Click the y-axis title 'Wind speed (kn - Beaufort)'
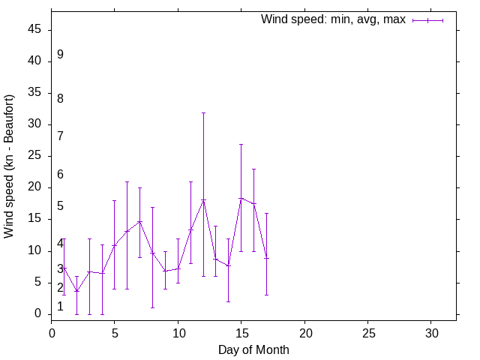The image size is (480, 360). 9,166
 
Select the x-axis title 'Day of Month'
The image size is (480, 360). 253,349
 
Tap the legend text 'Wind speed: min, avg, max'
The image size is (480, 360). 333,19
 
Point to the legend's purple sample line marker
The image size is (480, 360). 427,20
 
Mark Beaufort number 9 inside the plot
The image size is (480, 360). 60,55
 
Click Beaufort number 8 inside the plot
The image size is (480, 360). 60,98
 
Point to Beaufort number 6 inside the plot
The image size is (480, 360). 60,175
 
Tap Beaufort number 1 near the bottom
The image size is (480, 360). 60,307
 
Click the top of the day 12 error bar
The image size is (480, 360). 203,112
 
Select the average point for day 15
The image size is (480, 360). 241,198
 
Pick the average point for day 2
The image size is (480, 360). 76,291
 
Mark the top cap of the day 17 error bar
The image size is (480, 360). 266,213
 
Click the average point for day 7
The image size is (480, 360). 139,221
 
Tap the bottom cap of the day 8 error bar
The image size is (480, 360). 152,307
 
